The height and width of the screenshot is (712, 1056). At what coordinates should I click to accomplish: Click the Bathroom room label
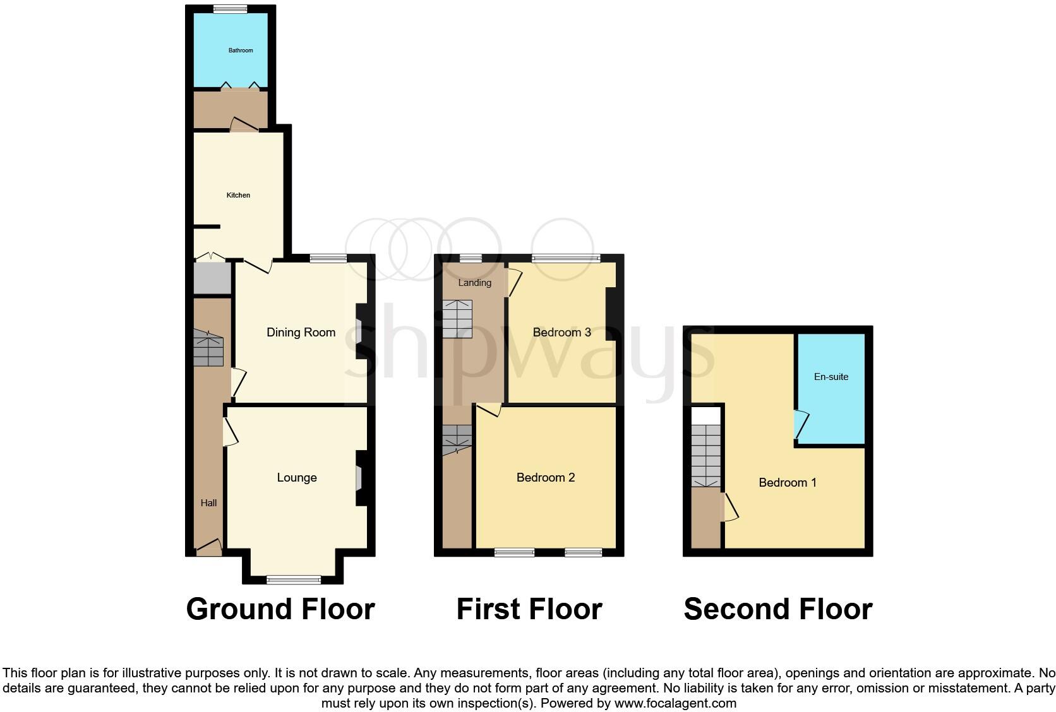241,50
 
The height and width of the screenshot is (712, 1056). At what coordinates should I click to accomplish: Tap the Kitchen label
238,196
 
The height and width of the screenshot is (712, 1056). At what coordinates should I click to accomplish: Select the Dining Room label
301,333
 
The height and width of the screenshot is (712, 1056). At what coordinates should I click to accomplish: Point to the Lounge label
297,478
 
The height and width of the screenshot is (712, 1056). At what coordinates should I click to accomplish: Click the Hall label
208,503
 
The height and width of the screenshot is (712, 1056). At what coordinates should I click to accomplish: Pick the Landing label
474,283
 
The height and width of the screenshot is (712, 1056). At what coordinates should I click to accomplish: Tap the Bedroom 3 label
561,333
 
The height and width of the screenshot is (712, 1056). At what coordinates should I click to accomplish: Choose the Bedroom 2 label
546,478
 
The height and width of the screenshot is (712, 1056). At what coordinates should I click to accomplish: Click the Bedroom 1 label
788,483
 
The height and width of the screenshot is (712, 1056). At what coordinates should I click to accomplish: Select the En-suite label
831,377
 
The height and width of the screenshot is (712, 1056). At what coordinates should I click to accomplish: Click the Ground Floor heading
280,609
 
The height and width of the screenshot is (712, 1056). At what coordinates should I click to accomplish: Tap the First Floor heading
529,609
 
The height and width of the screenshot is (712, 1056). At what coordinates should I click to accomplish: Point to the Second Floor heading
778,609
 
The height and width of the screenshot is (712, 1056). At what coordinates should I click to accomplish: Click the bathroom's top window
230,9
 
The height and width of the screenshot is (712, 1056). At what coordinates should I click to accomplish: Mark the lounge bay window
294,579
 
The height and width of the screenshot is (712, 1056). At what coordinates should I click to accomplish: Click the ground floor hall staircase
208,348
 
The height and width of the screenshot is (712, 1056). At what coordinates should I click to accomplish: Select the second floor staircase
705,454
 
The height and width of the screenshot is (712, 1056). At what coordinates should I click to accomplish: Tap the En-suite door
800,425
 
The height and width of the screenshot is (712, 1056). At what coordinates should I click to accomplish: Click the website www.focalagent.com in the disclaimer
675,703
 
